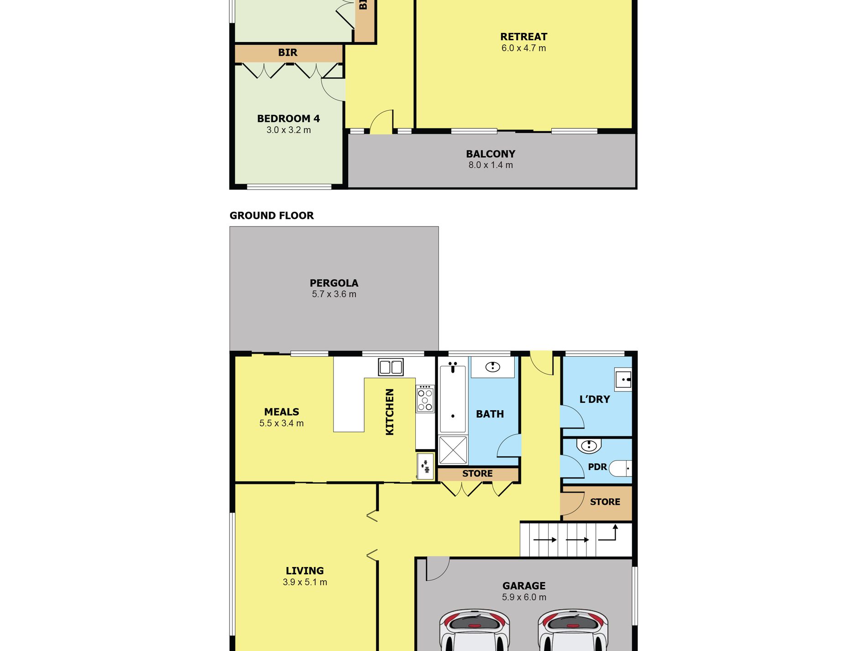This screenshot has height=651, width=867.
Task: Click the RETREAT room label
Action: coord(523,37)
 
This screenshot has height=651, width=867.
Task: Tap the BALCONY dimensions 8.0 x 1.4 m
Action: coord(491,165)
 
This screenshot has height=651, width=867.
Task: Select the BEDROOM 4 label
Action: coord(288,118)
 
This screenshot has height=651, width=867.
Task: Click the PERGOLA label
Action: coord(334,283)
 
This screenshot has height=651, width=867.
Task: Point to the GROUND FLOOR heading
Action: coord(272,216)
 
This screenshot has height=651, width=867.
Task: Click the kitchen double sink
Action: coord(391,367)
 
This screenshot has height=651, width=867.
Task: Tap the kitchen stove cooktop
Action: coord(425,399)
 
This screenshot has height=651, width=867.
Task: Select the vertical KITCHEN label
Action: coord(390,412)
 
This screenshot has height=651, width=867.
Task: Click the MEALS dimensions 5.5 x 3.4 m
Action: coord(282,423)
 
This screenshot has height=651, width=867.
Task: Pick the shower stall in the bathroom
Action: coord(453,450)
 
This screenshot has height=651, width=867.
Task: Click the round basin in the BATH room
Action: coord(492,366)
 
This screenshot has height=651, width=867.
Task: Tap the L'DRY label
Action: coord(595,399)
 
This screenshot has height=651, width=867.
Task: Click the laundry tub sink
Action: coord(623,379)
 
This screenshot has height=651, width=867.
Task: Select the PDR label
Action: coord(597,467)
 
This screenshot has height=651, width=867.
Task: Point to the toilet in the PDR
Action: coord(621,468)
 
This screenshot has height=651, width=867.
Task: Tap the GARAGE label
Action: coord(524,586)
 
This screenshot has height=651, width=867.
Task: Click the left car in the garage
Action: coord(474,630)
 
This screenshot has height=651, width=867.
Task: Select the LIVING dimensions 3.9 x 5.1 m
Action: coord(305,582)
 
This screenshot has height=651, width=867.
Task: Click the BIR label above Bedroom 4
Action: coord(287,53)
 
